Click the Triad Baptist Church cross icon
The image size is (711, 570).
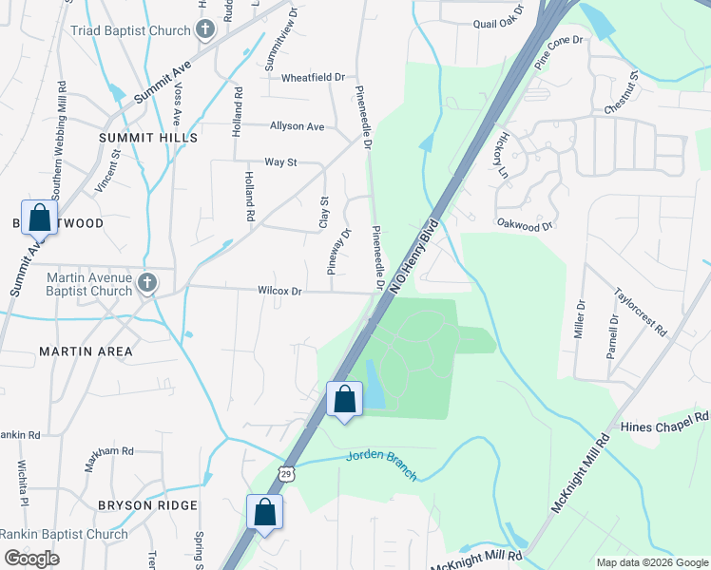[x=204, y=30]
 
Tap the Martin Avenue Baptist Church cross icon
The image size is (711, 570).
[x=146, y=282]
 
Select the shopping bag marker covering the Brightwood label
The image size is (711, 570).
[x=39, y=218]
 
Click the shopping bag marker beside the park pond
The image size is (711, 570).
[x=344, y=398]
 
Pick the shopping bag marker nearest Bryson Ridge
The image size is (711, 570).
[x=265, y=512]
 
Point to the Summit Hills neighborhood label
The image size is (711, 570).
[x=148, y=138]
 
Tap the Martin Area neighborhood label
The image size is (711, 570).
[x=86, y=351]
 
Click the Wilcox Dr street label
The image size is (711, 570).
[x=279, y=292]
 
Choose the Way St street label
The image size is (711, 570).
[x=280, y=162]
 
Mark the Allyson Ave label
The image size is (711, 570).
[x=297, y=126]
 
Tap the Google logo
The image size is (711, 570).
[x=31, y=559]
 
